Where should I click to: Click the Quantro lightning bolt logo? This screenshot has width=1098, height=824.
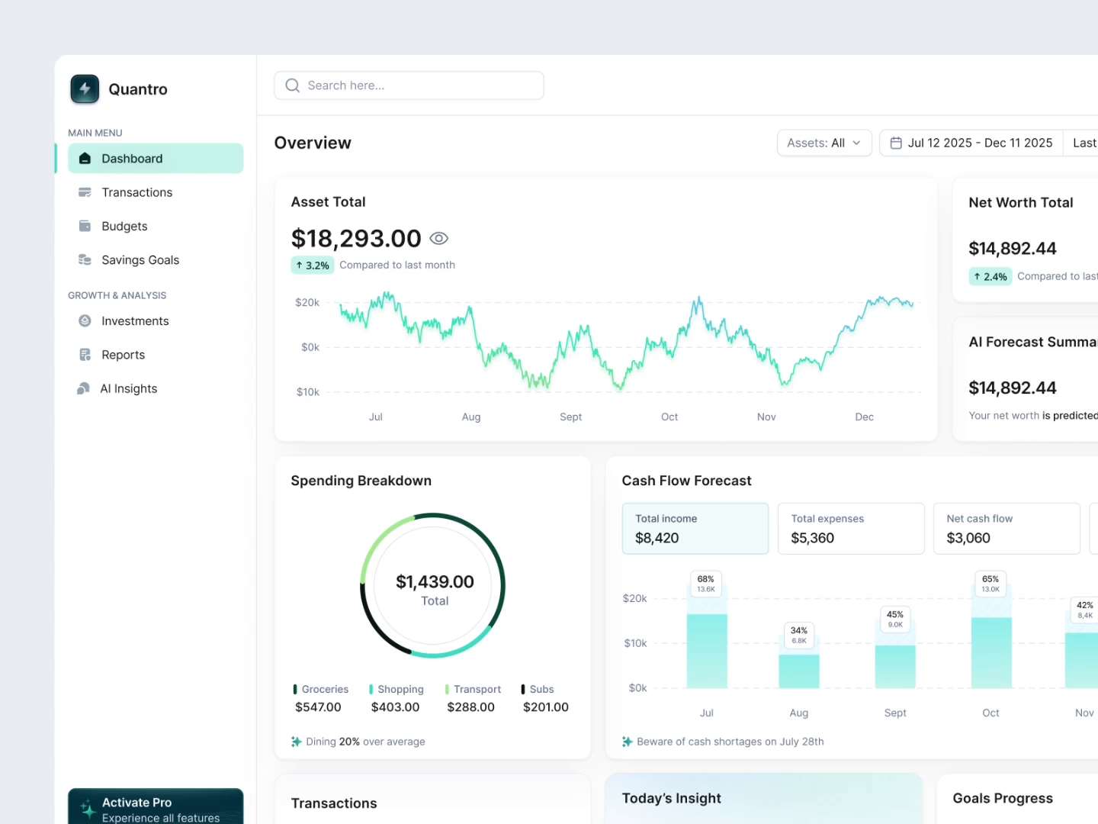click(x=85, y=89)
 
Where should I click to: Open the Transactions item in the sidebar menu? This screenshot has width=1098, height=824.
click(x=136, y=192)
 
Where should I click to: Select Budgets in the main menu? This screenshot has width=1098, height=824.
click(x=124, y=227)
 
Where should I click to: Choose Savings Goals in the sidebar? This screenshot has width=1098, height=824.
click(x=140, y=260)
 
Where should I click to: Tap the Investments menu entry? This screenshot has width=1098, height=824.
click(x=135, y=321)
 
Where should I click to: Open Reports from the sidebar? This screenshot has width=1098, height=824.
click(x=123, y=355)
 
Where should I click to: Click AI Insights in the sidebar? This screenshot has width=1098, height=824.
click(x=128, y=388)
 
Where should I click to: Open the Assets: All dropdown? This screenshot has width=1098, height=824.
click(x=823, y=143)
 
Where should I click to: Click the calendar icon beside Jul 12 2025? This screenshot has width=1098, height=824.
click(x=896, y=143)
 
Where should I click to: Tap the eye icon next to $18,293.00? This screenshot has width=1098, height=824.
click(x=438, y=239)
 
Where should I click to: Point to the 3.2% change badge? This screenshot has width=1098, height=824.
click(x=313, y=266)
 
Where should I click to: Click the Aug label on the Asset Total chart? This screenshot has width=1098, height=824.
click(x=471, y=417)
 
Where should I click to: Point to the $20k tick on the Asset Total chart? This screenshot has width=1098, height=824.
click(x=307, y=303)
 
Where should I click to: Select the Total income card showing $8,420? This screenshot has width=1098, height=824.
click(x=695, y=528)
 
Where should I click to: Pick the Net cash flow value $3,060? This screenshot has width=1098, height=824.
click(x=968, y=538)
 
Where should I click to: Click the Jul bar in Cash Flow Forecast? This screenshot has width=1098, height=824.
click(x=707, y=650)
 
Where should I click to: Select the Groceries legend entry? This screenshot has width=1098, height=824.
click(x=321, y=690)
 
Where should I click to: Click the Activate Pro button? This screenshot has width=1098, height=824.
click(x=156, y=807)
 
